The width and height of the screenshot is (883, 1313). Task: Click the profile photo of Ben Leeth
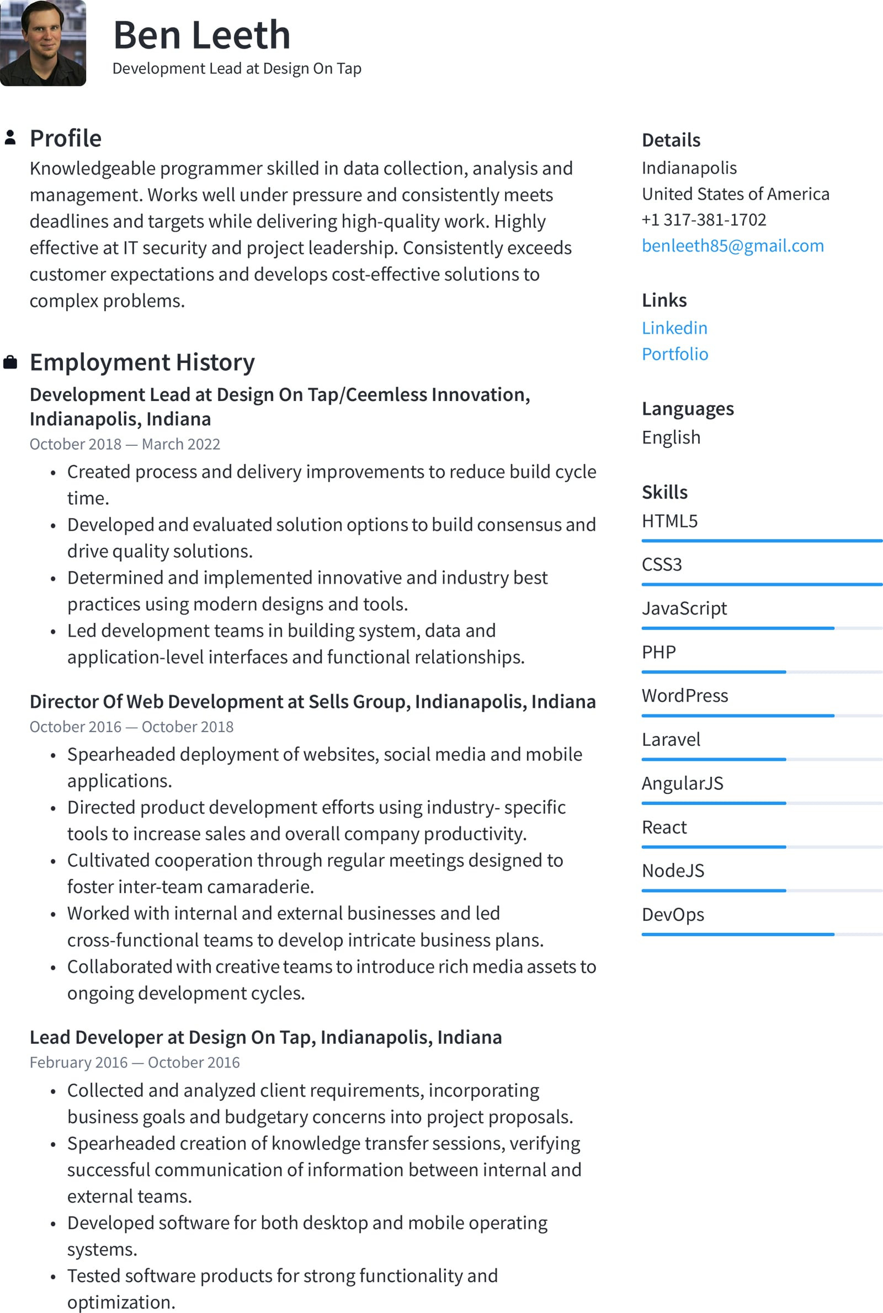pyautogui.click(x=43, y=43)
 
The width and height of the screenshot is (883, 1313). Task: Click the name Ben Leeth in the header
pyautogui.click(x=201, y=35)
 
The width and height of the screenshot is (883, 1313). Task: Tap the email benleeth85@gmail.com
pyautogui.click(x=732, y=245)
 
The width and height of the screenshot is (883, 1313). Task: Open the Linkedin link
pyautogui.click(x=674, y=328)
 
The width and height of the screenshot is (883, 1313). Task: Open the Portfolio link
pyautogui.click(x=674, y=354)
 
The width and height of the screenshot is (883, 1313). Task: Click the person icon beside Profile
pyautogui.click(x=10, y=138)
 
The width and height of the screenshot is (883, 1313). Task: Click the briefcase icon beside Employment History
pyautogui.click(x=10, y=362)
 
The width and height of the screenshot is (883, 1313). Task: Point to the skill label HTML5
pyautogui.click(x=669, y=521)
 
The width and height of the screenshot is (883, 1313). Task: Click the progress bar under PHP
pyautogui.click(x=762, y=671)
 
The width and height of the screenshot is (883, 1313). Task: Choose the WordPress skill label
pyautogui.click(x=684, y=696)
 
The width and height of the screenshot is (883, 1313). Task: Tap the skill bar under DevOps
pyautogui.click(x=762, y=934)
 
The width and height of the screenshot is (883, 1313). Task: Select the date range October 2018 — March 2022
pyautogui.click(x=125, y=444)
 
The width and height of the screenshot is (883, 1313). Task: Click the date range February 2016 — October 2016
pyautogui.click(x=134, y=1062)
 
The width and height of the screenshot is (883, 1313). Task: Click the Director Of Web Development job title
pyautogui.click(x=312, y=701)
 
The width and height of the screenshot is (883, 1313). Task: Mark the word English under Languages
pyautogui.click(x=671, y=437)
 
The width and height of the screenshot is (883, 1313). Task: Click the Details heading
pyautogui.click(x=671, y=140)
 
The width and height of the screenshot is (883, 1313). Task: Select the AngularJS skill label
pyautogui.click(x=682, y=783)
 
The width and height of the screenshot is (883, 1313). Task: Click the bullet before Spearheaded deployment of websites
pyautogui.click(x=53, y=755)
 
